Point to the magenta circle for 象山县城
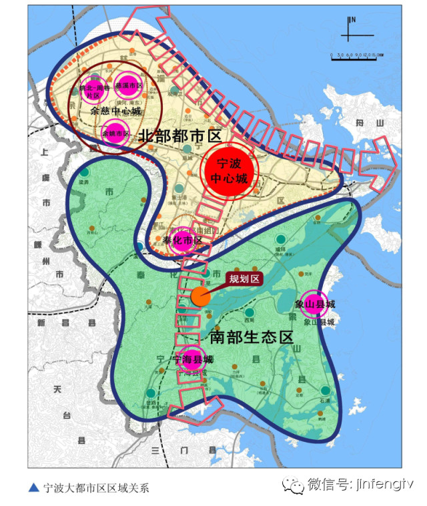click(314, 304)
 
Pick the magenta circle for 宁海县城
click(191, 360)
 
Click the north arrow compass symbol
click(350, 27)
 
